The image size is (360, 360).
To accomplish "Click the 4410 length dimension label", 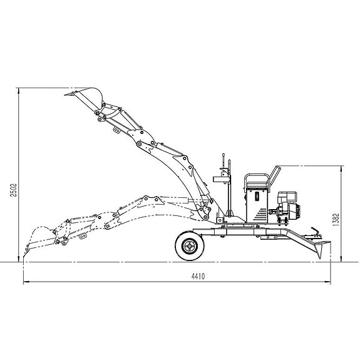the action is [x=198, y=276].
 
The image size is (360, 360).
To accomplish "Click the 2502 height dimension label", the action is [x=14, y=190].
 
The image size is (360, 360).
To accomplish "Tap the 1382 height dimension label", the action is [x=336, y=220].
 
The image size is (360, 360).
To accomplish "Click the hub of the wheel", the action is [x=190, y=246].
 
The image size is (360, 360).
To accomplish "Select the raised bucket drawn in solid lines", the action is [x=87, y=98].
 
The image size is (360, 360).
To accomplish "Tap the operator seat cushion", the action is [x=257, y=184].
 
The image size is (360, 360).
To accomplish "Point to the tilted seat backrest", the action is [x=275, y=174].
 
